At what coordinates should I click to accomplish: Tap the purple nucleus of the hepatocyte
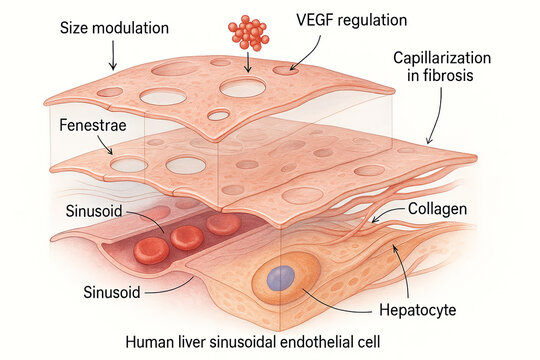click(281, 278)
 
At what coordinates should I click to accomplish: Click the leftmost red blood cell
click(151, 250)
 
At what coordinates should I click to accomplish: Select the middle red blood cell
click(186, 237)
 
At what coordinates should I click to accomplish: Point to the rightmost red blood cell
click(224, 224)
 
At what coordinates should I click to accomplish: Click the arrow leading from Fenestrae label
click(101, 146)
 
